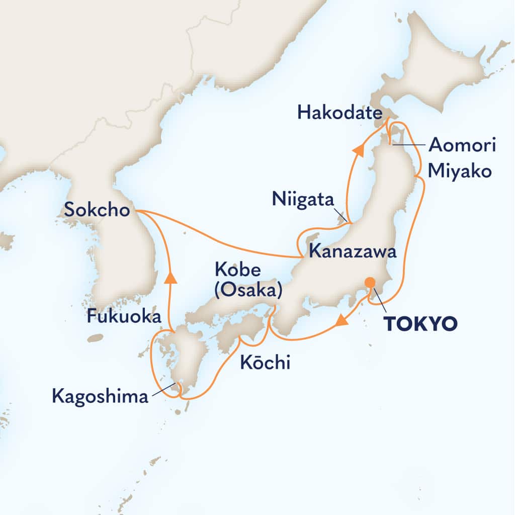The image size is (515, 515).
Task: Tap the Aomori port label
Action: coord(462,146)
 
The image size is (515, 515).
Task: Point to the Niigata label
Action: coord(303,200)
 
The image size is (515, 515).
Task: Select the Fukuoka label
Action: coord(124,316)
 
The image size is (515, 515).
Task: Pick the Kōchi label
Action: coord(265,363)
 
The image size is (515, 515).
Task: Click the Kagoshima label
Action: coord(101,397)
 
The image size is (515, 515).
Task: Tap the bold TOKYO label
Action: coord(420,323)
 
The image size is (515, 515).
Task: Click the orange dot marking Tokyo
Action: coord(370,283)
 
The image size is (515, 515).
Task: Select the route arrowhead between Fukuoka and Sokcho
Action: coord(171,277)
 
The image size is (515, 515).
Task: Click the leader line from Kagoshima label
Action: coord(163,391)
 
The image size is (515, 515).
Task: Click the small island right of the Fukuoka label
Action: coord(95,338)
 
